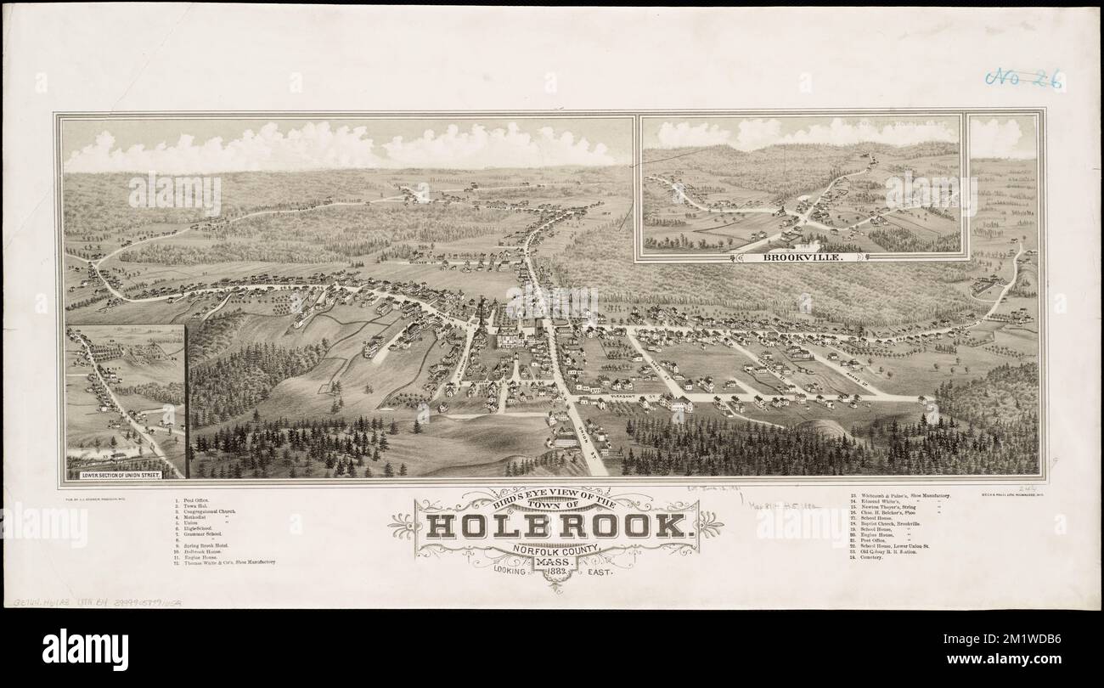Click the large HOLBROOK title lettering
coord(556,526)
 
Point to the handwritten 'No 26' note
coord(1023,79)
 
